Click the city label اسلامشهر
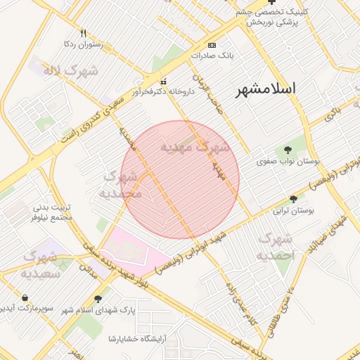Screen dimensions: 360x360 click(265, 89)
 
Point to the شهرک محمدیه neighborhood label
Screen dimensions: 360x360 click(123, 184)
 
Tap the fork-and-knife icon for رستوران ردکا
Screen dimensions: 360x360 click(84, 33)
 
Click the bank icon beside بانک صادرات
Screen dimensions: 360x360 click(213, 44)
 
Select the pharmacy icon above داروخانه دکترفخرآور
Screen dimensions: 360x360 click(164, 80)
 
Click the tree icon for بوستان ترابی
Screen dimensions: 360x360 click(293, 199)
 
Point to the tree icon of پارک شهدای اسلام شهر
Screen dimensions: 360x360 click(107, 299)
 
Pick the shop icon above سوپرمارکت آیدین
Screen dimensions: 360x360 click(25, 297)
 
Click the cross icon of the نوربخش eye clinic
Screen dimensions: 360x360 click(271, 2)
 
